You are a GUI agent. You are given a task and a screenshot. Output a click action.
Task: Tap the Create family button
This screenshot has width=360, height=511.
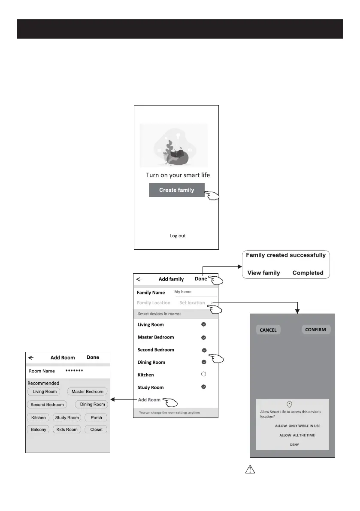click(176, 190)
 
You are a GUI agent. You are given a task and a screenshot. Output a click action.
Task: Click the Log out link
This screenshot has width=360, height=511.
click(178, 236)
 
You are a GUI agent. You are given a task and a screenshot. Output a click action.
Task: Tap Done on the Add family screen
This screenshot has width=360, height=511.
click(201, 279)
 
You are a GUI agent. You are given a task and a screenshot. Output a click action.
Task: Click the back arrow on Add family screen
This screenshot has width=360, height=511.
click(139, 279)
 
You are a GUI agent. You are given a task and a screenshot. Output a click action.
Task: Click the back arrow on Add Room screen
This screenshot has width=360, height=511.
click(31, 357)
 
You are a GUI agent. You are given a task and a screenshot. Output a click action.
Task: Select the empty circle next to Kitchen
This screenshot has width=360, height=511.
click(204, 375)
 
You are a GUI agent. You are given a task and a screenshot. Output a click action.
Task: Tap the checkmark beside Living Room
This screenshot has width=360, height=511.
click(204, 325)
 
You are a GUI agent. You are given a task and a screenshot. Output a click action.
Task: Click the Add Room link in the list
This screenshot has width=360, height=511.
click(149, 400)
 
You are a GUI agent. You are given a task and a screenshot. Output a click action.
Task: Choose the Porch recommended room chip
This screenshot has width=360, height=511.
click(96, 417)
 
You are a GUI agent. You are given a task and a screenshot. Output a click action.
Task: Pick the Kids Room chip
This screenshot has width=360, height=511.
click(67, 429)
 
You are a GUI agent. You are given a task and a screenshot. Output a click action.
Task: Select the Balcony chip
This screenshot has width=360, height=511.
click(39, 429)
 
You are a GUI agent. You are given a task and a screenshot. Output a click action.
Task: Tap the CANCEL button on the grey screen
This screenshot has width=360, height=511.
click(268, 330)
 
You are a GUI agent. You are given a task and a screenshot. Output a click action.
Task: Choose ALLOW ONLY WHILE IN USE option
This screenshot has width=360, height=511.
click(298, 426)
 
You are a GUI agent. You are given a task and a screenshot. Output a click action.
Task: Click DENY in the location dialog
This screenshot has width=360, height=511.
click(294, 444)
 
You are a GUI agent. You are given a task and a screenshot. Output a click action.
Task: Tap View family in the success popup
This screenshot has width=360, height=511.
click(264, 273)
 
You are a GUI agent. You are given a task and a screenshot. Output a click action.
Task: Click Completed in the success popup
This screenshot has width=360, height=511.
click(308, 273)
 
